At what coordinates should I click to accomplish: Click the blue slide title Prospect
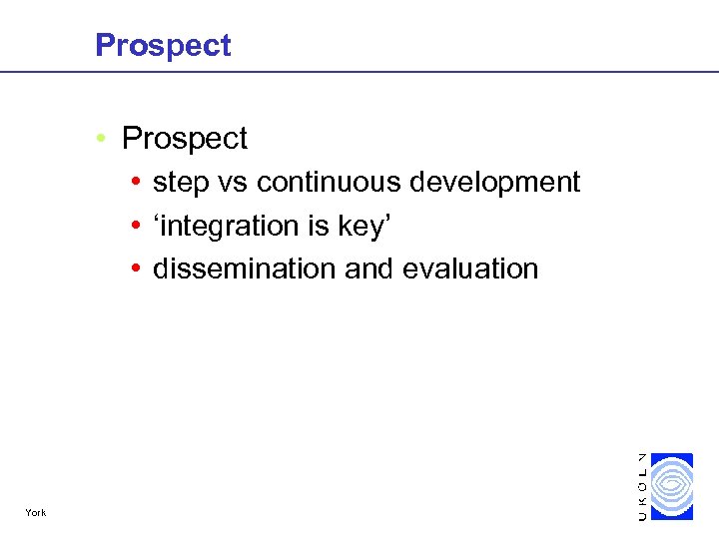click(163, 45)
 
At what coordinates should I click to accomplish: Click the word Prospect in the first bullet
click(184, 139)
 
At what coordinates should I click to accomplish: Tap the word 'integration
click(214, 227)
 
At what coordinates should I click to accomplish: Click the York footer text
click(36, 513)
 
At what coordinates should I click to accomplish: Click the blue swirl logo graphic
click(672, 486)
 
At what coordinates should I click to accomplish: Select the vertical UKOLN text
click(641, 486)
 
